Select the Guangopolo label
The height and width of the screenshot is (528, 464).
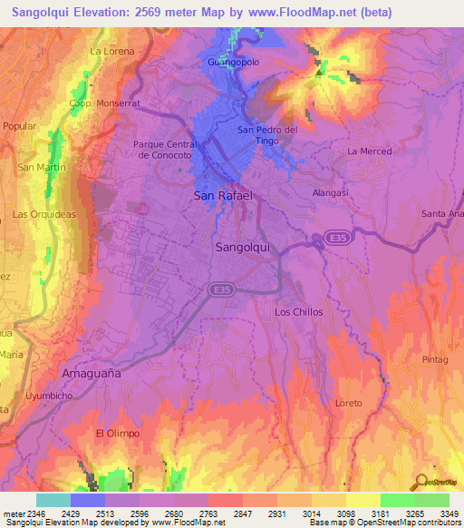[x=234, y=62]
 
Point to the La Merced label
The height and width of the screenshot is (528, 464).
[x=369, y=151]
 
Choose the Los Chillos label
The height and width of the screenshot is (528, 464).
[x=298, y=312]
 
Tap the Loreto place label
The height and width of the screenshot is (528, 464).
[x=348, y=403]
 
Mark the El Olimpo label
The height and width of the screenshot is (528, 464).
[x=118, y=434]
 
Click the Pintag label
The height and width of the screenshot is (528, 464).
[x=435, y=360]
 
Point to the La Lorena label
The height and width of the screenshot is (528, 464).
[x=112, y=52]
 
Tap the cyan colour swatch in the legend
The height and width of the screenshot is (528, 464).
[x=53, y=500]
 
